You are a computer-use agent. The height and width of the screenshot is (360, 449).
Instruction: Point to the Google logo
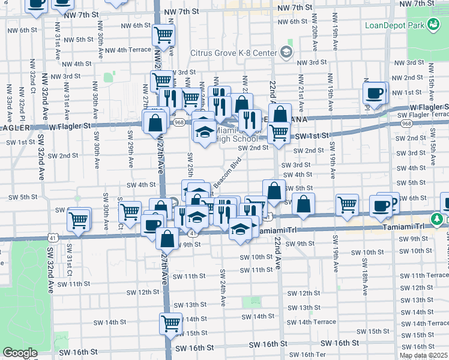tap(20, 353)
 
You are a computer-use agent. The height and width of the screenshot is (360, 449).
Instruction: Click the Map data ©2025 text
tap(424, 355)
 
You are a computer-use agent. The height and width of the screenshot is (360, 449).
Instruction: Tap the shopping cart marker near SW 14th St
tap(171, 323)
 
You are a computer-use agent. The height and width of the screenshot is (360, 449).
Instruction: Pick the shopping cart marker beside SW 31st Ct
tap(79, 219)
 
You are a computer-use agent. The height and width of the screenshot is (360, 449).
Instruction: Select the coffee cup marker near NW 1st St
tap(375, 94)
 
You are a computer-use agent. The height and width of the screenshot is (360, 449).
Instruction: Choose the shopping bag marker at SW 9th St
tap(167, 239)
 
